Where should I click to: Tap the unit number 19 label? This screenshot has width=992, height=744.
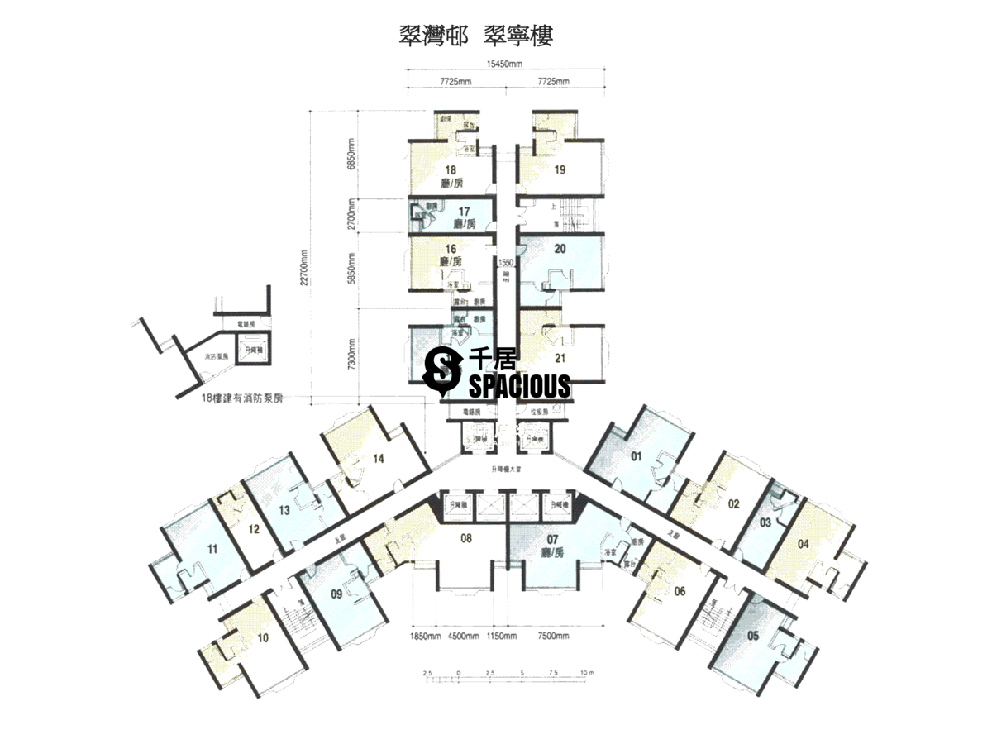click(560, 170)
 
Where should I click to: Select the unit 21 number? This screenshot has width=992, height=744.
click(560, 358)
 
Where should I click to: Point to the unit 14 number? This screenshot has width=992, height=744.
click(379, 458)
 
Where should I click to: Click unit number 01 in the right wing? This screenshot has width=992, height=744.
click(637, 455)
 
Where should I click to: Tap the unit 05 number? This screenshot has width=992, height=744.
click(752, 636)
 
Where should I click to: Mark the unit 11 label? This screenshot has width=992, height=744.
click(212, 548)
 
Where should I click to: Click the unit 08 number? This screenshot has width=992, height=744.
click(466, 539)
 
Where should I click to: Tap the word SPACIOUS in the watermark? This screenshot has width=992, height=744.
click(519, 385)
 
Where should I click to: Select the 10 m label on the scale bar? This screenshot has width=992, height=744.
click(586, 673)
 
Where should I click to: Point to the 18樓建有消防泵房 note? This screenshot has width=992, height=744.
click(243, 398)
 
